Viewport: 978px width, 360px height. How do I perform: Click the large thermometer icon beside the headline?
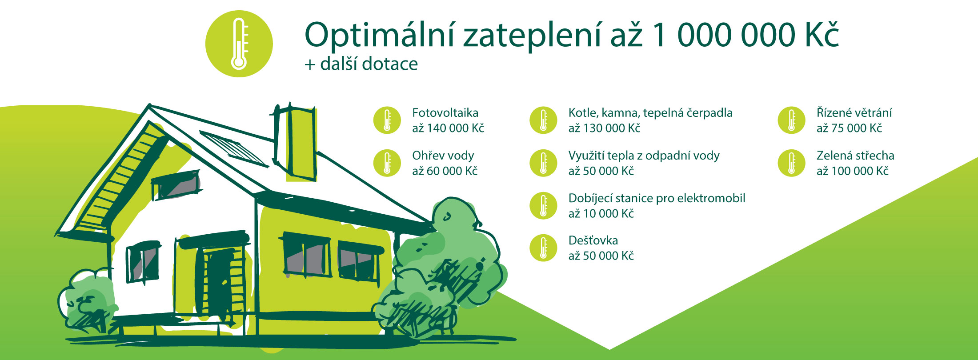(239, 44)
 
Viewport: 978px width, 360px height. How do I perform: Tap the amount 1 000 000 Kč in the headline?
(745, 34)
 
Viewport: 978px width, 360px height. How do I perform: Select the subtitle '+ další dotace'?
(361, 64)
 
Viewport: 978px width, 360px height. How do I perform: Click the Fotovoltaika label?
(445, 113)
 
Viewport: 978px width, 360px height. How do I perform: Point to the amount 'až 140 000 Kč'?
(448, 128)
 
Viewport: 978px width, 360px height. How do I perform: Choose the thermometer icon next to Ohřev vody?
(387, 163)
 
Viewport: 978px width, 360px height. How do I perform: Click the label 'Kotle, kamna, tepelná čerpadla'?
(650, 113)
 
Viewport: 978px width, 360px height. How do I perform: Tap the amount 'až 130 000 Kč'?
(604, 128)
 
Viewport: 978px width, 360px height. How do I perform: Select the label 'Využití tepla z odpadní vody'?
(644, 156)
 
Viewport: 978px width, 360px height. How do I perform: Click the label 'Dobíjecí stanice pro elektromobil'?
(657, 199)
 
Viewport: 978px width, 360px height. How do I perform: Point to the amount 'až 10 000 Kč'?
(601, 214)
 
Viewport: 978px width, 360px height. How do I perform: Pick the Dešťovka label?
(593, 240)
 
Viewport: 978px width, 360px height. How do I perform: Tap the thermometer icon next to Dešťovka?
(543, 248)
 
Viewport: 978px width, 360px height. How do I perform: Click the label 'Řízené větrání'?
(854, 113)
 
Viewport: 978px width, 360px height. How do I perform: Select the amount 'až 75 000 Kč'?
(849, 128)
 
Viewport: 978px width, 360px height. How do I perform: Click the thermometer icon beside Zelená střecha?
(791, 163)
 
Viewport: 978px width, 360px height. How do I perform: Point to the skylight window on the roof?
(234, 148)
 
